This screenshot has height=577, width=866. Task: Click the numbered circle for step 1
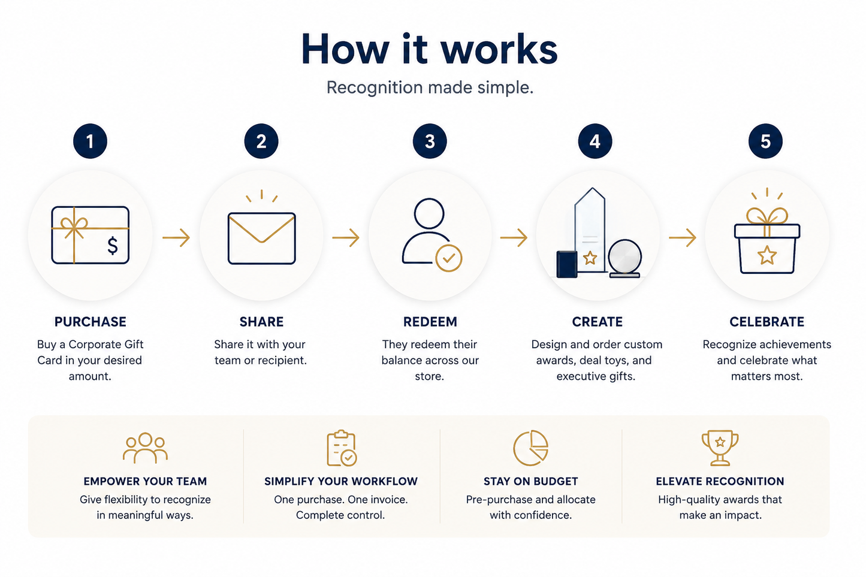tap(90, 141)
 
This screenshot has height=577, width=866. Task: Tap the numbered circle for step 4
tap(595, 141)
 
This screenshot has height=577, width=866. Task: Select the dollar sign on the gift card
tap(113, 246)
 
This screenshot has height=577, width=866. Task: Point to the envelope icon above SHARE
tap(262, 238)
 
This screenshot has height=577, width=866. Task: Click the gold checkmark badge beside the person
tap(449, 258)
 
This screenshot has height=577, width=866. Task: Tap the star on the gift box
tap(767, 255)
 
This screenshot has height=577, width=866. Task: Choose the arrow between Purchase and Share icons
tap(176, 237)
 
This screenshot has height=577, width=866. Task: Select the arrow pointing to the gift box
tap(683, 237)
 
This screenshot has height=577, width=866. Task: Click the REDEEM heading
tap(430, 322)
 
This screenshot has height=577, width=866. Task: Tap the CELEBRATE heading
tap(767, 322)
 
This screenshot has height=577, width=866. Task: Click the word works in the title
tap(499, 50)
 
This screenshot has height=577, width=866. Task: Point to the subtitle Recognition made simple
tap(430, 87)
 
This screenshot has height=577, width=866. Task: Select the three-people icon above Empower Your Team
tap(145, 448)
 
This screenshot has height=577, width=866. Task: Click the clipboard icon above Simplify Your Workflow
tap(342, 448)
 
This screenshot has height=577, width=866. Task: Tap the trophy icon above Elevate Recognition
tap(720, 448)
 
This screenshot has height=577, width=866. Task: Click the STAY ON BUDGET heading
tap(531, 481)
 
